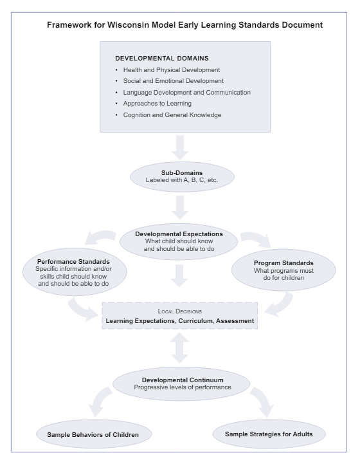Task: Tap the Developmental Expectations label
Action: pos(180,234)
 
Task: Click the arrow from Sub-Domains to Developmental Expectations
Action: pos(180,205)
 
